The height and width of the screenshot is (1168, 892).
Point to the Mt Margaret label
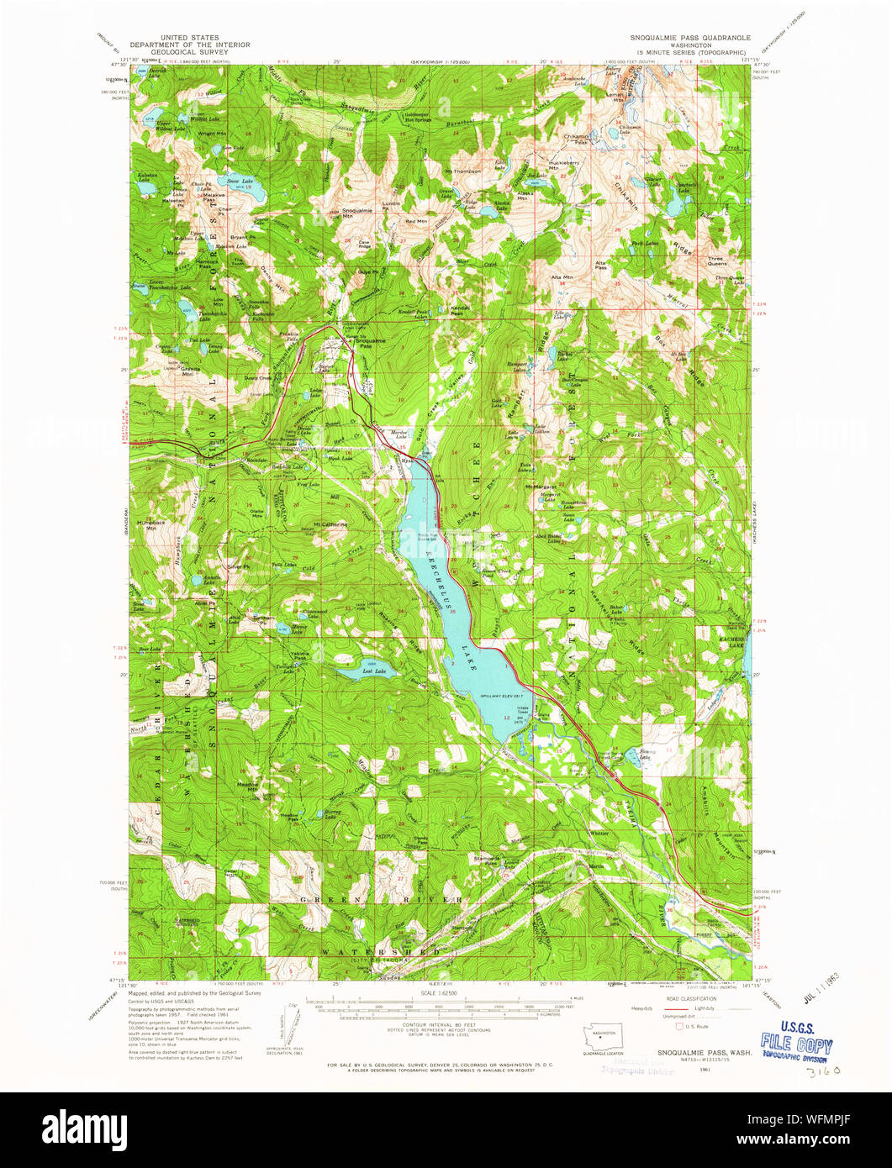(542, 487)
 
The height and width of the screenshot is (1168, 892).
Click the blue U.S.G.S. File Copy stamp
(795, 1047)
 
